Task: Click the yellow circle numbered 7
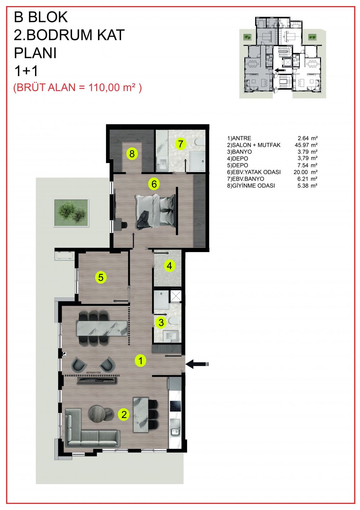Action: point(181,144)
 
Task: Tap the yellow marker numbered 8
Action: point(132,154)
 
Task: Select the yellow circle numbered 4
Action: point(169,266)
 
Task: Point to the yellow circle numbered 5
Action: point(101,277)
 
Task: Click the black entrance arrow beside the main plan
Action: point(197,364)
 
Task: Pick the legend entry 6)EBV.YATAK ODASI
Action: point(254,172)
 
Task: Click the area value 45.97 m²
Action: point(306,145)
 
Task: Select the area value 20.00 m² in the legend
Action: point(306,172)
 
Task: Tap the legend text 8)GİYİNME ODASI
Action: point(251,185)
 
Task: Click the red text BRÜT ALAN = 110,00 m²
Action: point(77,87)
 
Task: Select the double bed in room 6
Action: point(156,211)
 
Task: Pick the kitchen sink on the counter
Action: point(175,431)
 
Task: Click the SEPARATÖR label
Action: point(93,373)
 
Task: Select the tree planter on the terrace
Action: point(71,213)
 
